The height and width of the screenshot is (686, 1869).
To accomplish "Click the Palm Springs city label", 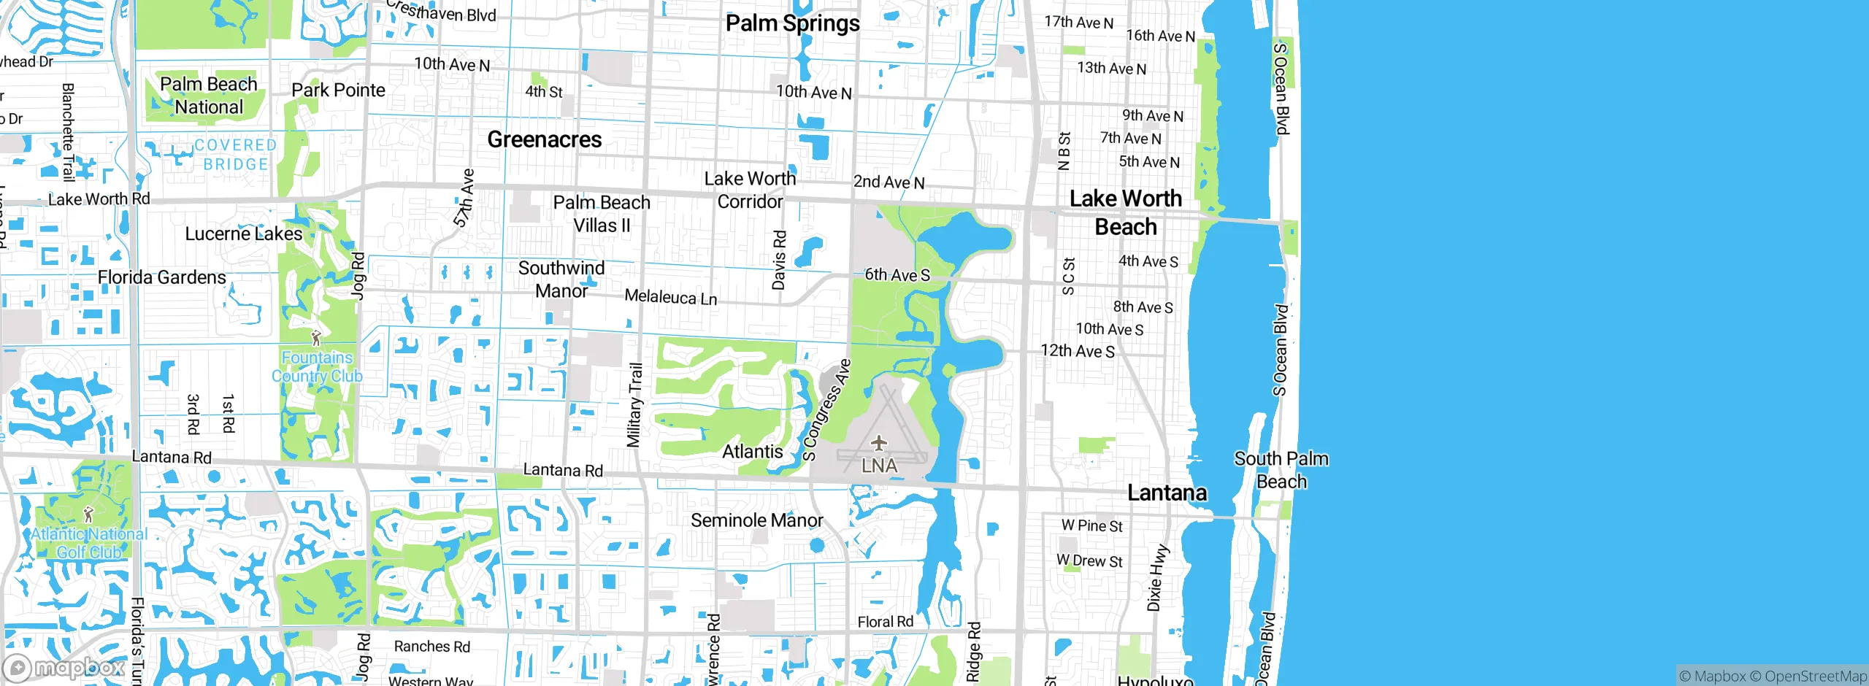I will [x=792, y=23].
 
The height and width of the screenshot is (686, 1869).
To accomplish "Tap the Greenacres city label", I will [x=545, y=139].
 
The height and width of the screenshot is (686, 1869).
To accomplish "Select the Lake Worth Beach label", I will [x=1125, y=212].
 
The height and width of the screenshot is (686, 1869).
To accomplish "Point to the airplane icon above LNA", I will [x=878, y=442].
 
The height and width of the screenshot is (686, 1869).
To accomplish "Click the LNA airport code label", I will [x=879, y=465].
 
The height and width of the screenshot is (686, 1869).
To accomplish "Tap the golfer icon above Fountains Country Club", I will [x=315, y=338].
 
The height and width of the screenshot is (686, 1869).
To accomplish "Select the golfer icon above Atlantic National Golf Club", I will [x=88, y=514].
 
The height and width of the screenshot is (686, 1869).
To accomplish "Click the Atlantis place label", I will [x=752, y=452].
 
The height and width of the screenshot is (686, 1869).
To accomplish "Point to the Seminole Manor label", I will [x=756, y=520].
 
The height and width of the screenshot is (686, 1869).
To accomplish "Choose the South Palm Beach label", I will [x=1281, y=470].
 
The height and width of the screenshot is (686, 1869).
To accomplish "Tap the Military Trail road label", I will [x=634, y=405].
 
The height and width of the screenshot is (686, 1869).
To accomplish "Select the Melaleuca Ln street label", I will [x=670, y=297].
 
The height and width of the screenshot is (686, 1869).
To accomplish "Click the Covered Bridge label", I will [x=235, y=155].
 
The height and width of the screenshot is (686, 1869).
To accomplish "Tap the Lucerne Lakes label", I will [x=243, y=234].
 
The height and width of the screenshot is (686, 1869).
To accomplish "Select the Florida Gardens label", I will [x=161, y=277].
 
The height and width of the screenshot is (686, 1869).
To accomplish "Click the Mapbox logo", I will [x=64, y=667].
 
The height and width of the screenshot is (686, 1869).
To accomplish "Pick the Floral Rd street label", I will [x=885, y=622].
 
